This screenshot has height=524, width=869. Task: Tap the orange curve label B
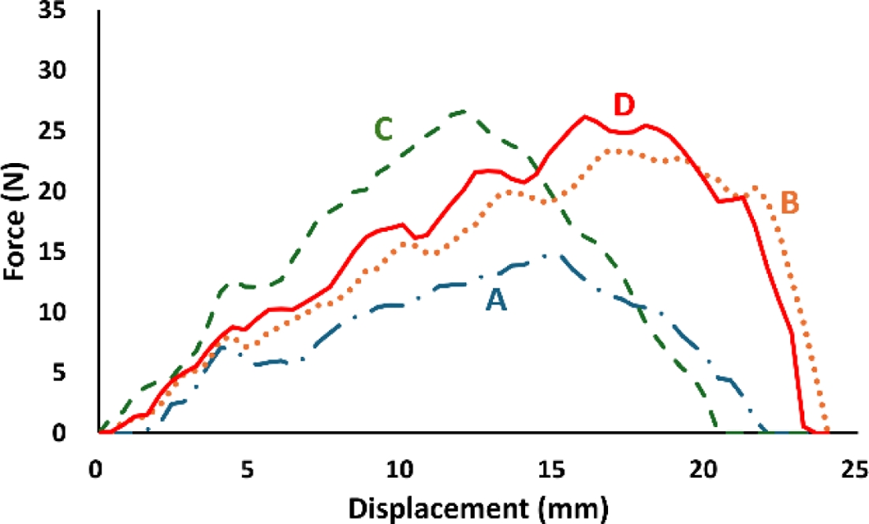tap(789, 203)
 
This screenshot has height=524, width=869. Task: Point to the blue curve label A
tap(495, 301)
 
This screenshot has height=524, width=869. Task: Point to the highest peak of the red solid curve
tap(584, 117)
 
